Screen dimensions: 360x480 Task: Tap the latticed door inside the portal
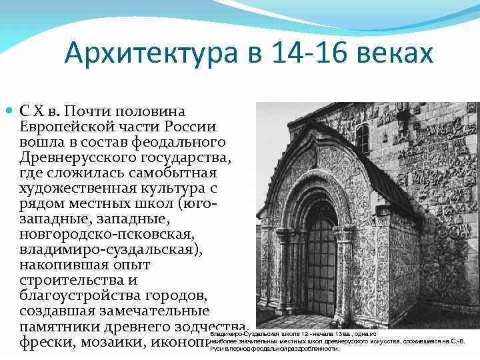point(321,266)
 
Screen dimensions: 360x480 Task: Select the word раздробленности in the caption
point(309,349)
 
